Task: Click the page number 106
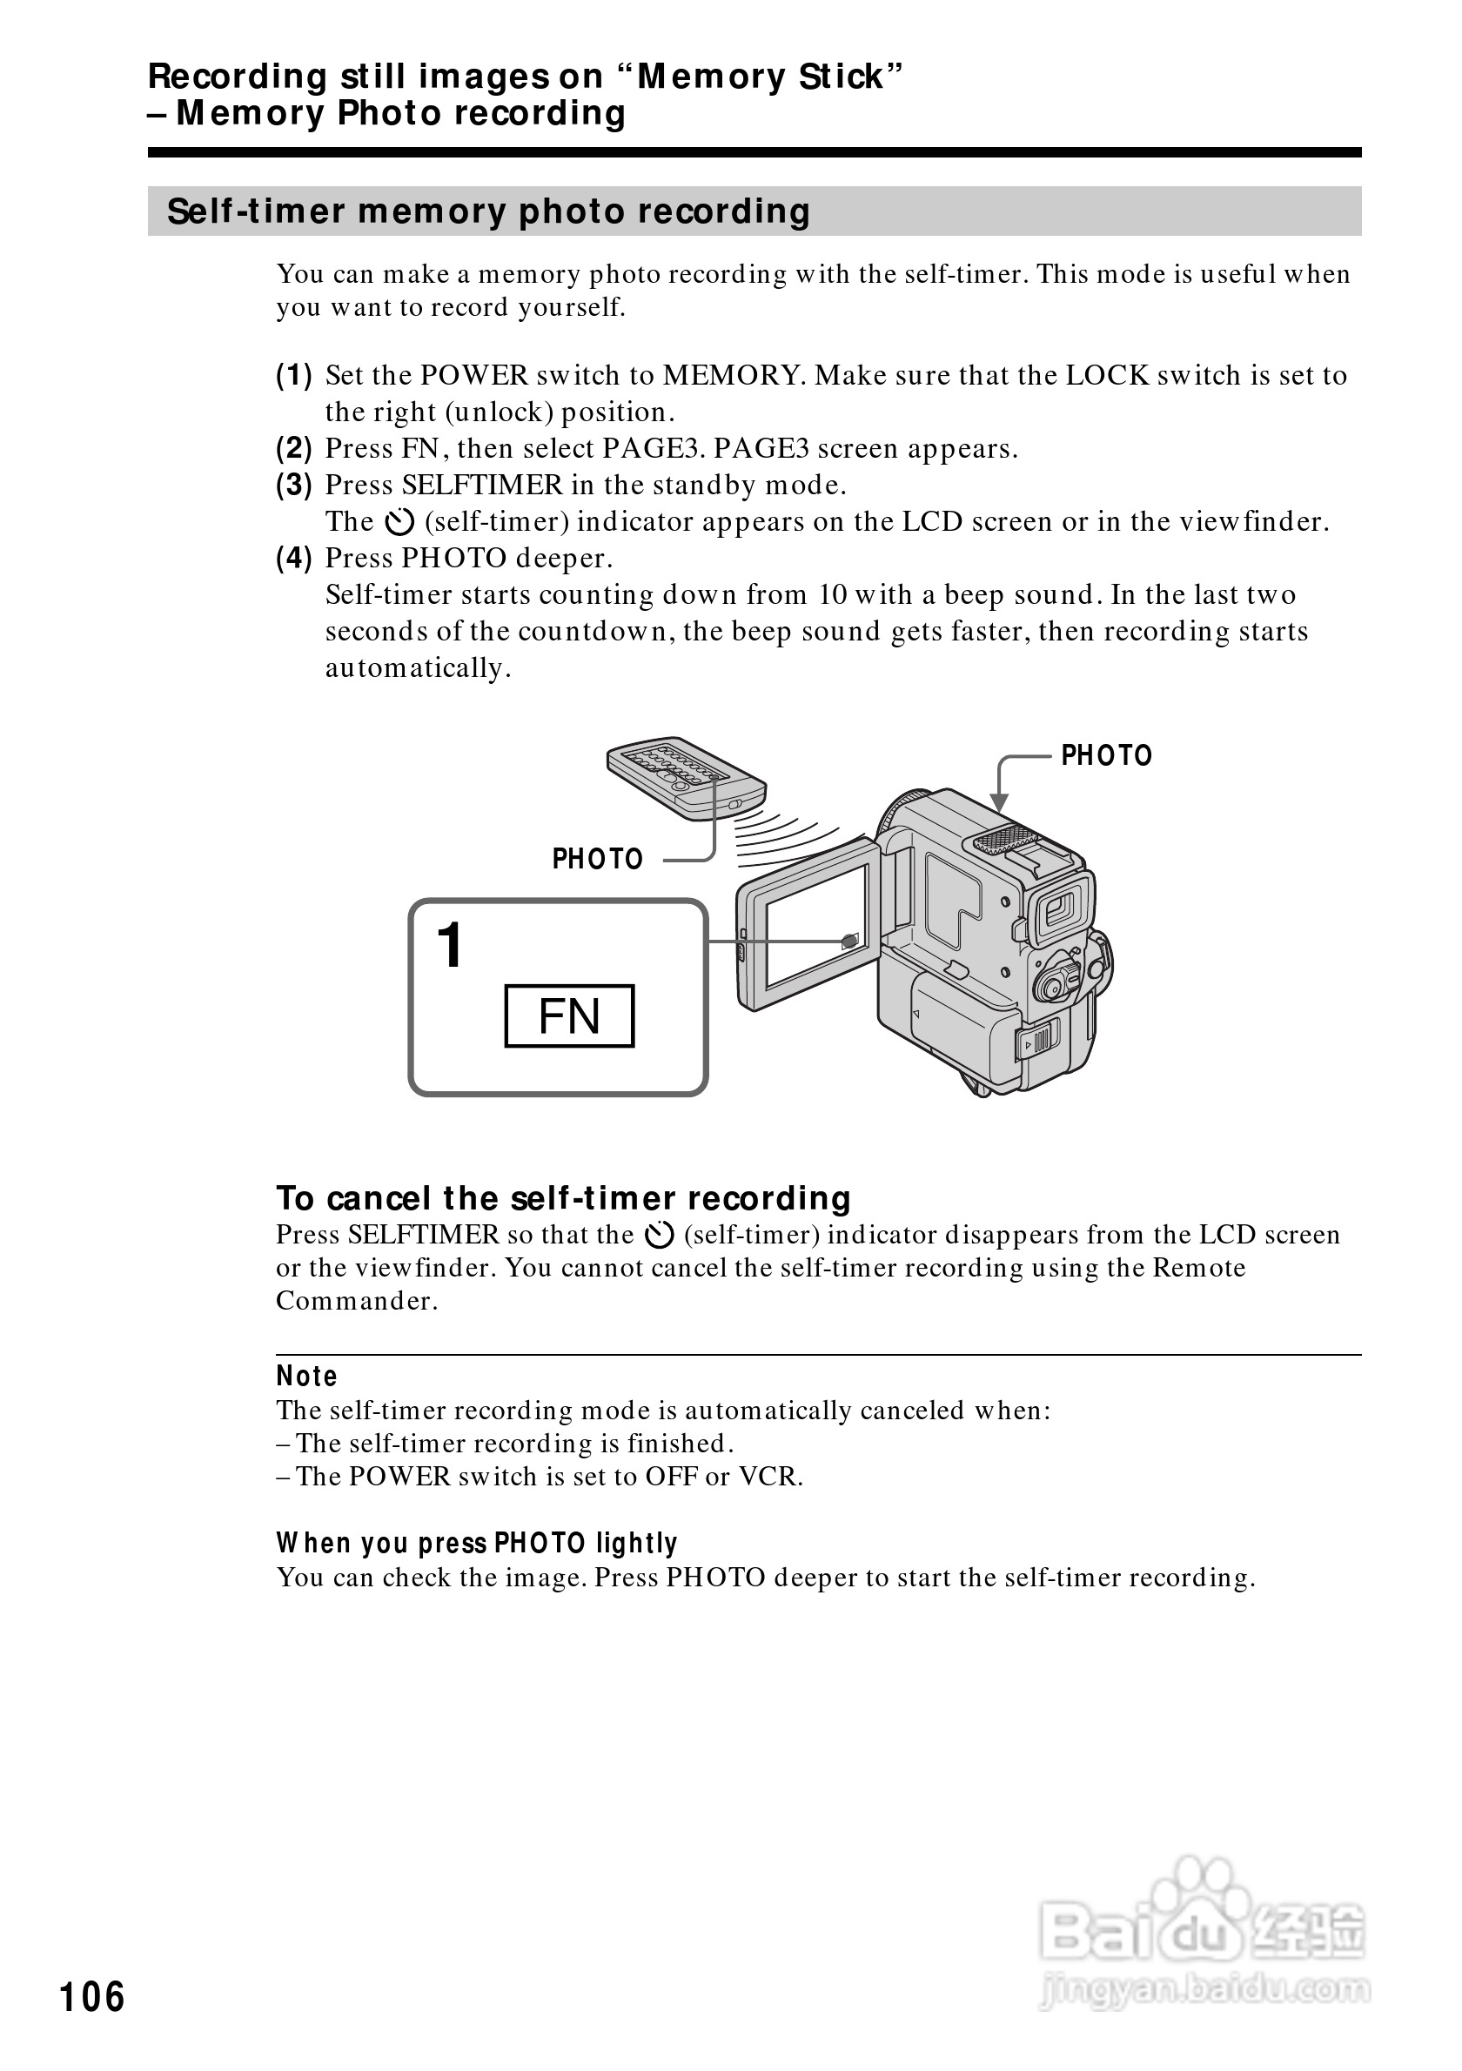tap(92, 1996)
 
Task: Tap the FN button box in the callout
tap(569, 1015)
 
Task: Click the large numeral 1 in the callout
tap(449, 945)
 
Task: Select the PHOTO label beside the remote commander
tap(597, 859)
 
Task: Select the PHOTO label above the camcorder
tap(1106, 756)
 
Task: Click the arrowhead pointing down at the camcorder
tap(998, 803)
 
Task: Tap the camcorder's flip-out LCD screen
tap(815, 926)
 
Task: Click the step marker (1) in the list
tap(294, 375)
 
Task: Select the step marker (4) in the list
tap(294, 559)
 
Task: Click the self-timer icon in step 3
tap(399, 522)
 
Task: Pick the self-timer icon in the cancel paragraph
tap(660, 1235)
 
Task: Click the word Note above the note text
tap(306, 1377)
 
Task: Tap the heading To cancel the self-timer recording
tap(564, 1198)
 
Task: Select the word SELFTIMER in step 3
tap(481, 486)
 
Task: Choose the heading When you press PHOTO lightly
tap(476, 1544)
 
